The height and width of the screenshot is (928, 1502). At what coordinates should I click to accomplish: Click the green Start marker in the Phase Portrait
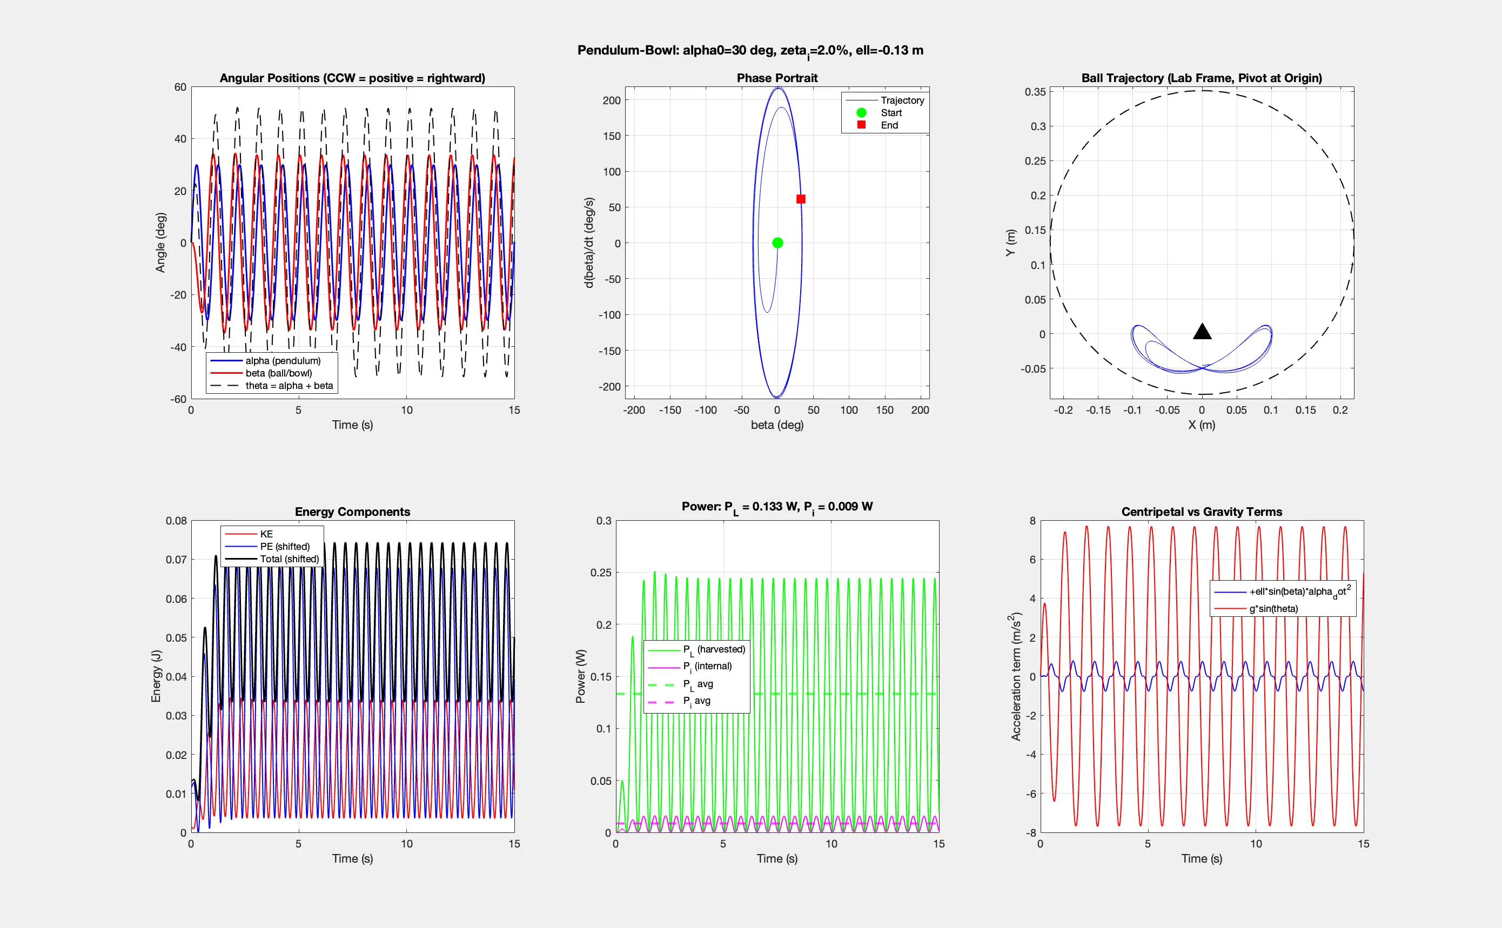(x=777, y=243)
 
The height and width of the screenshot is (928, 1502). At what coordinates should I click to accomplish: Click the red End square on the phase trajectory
(x=800, y=199)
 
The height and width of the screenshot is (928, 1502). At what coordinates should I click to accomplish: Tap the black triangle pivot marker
(x=1202, y=332)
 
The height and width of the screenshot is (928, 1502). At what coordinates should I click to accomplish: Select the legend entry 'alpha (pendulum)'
(x=283, y=361)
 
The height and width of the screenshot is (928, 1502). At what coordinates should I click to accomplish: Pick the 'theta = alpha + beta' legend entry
(x=289, y=386)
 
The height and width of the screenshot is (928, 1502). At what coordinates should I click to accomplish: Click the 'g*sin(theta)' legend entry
(x=1273, y=609)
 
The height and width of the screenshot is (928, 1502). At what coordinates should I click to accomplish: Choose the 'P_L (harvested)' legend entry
(x=713, y=649)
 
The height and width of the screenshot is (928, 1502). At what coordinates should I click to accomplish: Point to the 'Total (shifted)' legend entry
(x=289, y=559)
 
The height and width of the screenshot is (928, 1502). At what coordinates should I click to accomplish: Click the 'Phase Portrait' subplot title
(x=777, y=78)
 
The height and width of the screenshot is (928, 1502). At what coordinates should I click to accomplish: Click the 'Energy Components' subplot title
(x=352, y=512)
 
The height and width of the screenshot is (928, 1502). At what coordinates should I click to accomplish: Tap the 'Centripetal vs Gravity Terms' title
(x=1201, y=512)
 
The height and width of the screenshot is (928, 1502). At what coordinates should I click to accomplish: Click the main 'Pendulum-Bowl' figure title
(x=750, y=51)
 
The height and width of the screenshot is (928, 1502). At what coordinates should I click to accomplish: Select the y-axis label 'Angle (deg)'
(x=161, y=243)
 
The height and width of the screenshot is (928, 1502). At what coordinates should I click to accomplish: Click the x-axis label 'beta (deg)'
(x=777, y=425)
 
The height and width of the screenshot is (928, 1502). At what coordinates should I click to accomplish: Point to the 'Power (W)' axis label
(x=581, y=676)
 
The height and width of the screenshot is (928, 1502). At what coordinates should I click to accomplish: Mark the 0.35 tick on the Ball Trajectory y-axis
(x=1035, y=92)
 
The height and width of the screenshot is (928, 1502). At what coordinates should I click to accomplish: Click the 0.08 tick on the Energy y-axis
(x=176, y=521)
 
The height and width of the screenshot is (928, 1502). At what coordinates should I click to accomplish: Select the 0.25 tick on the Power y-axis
(x=601, y=573)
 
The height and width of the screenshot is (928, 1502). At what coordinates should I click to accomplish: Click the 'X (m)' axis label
(x=1201, y=425)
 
